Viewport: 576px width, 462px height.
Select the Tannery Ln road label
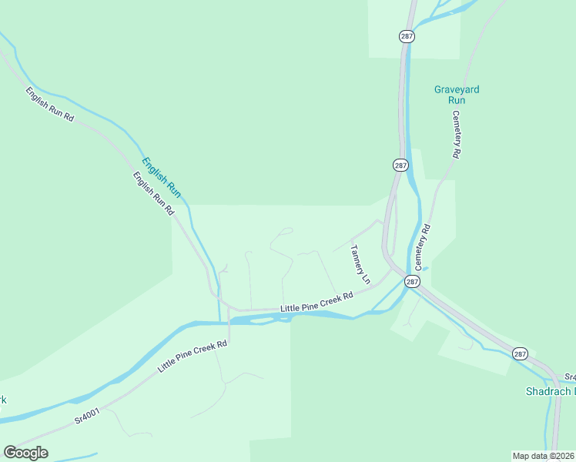[360, 263]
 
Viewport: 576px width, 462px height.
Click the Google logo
[25, 453]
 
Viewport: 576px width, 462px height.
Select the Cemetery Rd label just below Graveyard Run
[456, 135]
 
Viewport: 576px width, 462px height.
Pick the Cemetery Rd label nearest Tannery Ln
[425, 246]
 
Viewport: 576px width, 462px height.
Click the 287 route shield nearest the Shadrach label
[520, 353]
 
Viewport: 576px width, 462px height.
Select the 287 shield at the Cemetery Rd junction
[413, 282]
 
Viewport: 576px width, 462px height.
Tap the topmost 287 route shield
[407, 36]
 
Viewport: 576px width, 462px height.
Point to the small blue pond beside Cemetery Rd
[425, 268]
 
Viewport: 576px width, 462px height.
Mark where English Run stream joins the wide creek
[220, 323]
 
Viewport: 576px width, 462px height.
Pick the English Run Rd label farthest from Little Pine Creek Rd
[49, 105]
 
